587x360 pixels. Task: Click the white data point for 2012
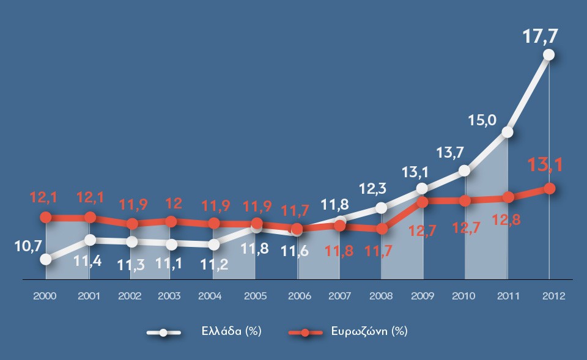548,54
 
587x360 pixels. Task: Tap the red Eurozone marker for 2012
549,189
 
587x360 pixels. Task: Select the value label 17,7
540,36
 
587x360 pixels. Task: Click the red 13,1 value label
546,165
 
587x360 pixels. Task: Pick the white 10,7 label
27,246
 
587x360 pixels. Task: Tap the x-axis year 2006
298,296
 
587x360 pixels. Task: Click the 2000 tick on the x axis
45,296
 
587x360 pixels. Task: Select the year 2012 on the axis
554,296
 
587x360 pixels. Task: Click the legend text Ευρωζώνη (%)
373,331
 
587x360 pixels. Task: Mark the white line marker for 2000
46,259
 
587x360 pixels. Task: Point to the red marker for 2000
46,217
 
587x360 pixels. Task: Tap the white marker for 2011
507,132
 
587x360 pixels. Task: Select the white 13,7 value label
451,152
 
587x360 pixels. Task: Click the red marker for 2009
422,201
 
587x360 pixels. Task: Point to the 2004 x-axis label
210,296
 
